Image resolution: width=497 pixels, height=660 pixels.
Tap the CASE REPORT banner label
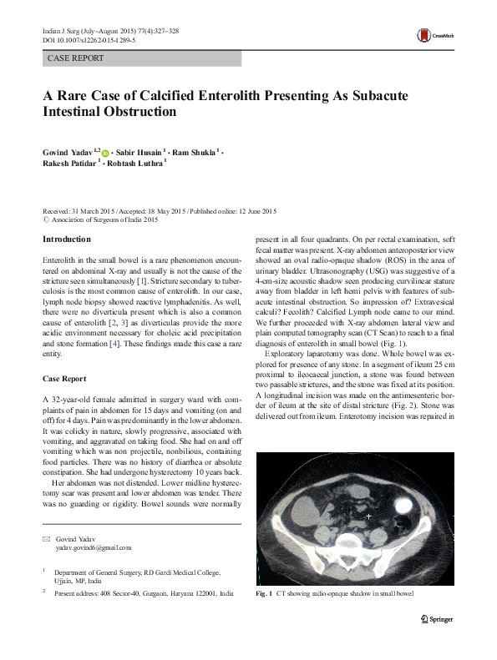[76, 58]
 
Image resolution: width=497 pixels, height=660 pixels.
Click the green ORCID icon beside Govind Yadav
[105, 152]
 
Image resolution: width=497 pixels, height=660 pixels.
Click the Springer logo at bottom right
[439, 618]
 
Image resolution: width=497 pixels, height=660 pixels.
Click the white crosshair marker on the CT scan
[368, 517]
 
